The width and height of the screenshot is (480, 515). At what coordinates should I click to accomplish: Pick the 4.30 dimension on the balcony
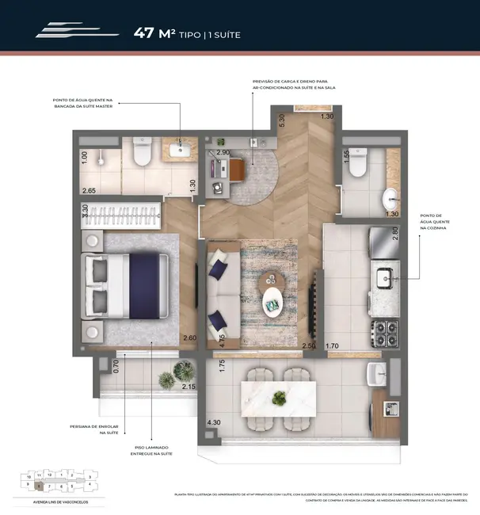pyautogui.click(x=214, y=424)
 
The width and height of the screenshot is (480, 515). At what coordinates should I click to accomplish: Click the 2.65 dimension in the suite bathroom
pyautogui.click(x=88, y=191)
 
